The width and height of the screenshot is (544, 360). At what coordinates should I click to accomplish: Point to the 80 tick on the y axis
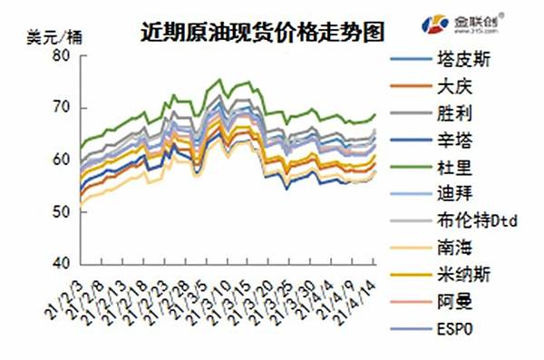[x=62, y=55]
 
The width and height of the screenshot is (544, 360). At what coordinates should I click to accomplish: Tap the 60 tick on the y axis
[x=62, y=160]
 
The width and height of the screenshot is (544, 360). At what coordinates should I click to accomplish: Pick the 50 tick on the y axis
[x=62, y=211]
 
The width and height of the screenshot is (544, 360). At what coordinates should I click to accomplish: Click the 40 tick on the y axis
[x=62, y=263]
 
